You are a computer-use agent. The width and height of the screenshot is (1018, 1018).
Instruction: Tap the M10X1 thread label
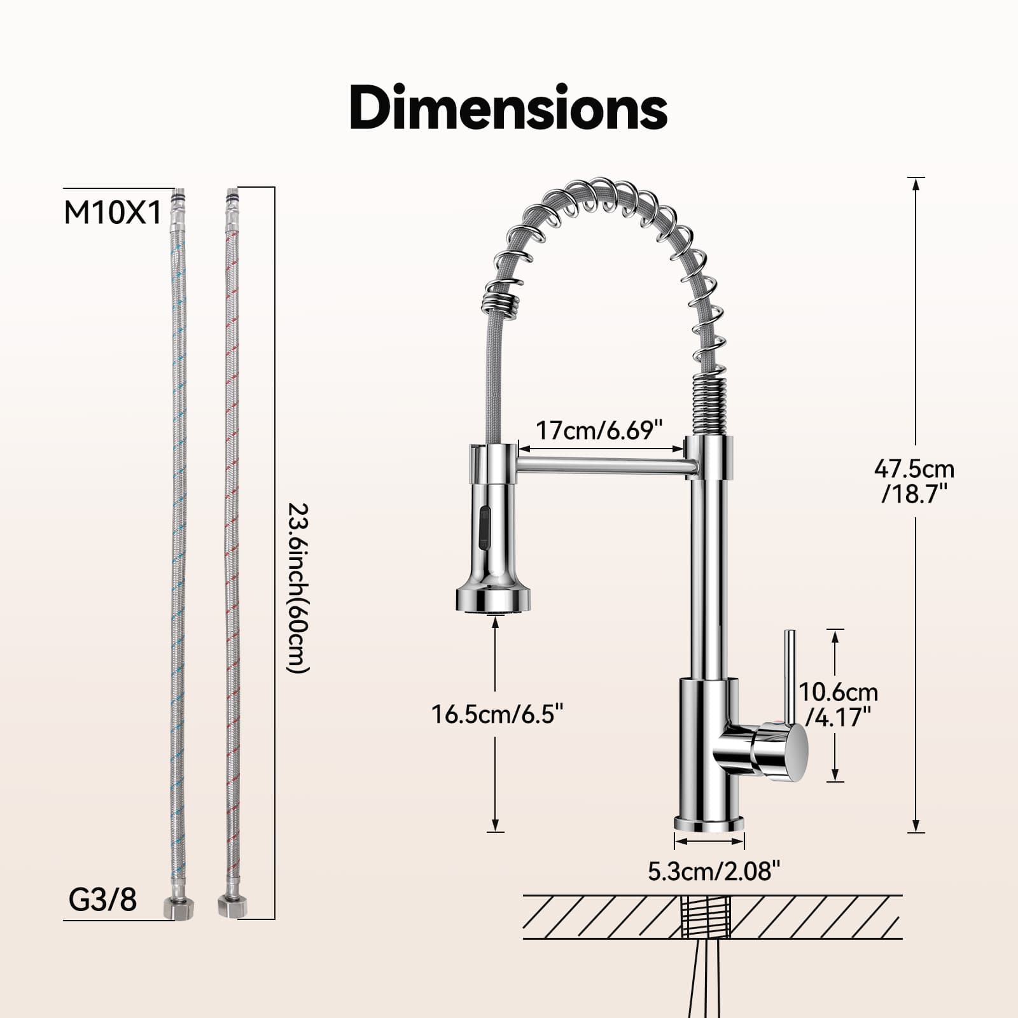113,213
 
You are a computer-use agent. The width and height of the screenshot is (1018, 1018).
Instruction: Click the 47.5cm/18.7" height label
914,481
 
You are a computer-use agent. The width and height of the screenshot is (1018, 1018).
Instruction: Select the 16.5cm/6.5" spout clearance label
498,714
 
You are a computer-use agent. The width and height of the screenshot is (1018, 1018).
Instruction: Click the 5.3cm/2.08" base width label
713,870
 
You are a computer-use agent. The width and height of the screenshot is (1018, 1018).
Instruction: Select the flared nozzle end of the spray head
493,599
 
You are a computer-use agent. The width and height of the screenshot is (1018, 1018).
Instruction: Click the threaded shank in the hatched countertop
706,916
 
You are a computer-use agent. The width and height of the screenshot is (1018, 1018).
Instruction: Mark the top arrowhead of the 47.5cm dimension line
916,184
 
